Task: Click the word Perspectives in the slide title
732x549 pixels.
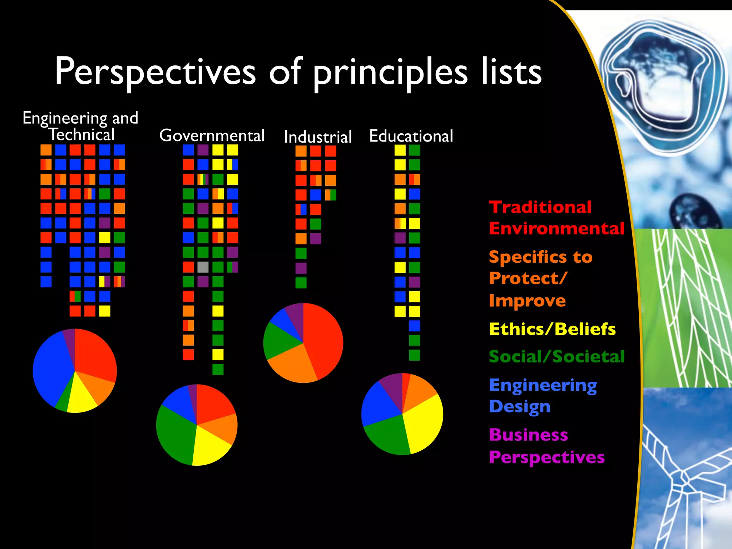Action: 155,72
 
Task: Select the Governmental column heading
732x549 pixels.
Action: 212,135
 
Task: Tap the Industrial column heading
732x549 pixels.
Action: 318,137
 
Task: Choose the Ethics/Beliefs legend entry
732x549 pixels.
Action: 552,329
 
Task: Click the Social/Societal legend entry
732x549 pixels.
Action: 557,356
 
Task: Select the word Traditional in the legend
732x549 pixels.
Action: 540,207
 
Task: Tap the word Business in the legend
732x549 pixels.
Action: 528,435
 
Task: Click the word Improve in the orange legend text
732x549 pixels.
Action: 527,301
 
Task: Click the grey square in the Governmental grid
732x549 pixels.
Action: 203,267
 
